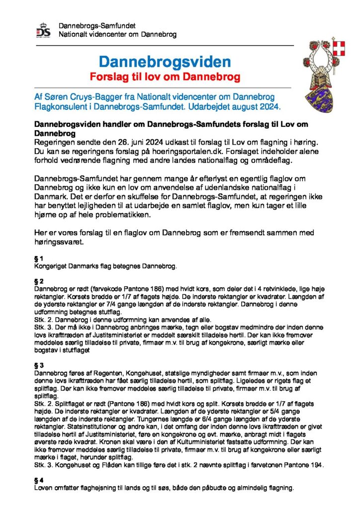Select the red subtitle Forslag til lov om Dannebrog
click(x=165, y=77)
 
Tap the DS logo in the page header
click(x=43, y=31)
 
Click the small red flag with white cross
click(x=340, y=49)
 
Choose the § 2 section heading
click(x=39, y=281)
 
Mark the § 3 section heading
click(x=39, y=365)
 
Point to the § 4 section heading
click(x=39, y=480)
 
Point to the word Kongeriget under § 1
click(x=51, y=266)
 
